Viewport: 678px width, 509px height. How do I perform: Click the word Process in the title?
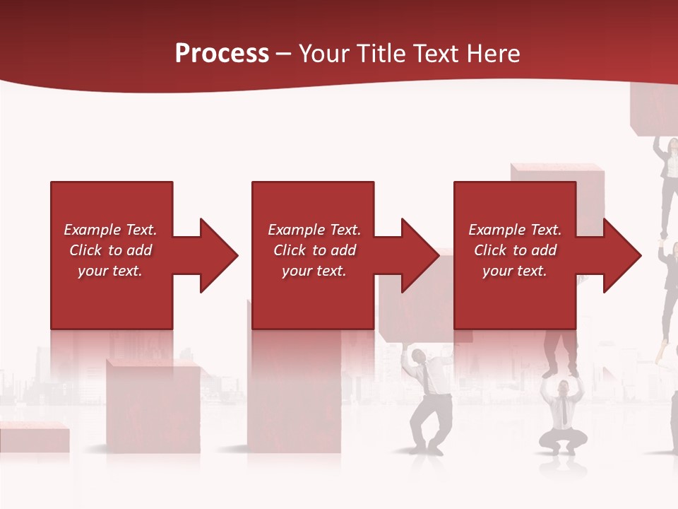pyautogui.click(x=222, y=54)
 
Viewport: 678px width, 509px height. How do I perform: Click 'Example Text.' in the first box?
pyautogui.click(x=111, y=230)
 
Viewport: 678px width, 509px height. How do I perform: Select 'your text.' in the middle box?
pyautogui.click(x=314, y=271)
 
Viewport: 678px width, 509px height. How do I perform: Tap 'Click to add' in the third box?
pyautogui.click(x=515, y=250)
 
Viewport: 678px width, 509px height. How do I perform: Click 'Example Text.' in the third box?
pyautogui.click(x=515, y=230)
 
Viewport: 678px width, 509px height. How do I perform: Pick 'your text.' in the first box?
pyautogui.click(x=111, y=271)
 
